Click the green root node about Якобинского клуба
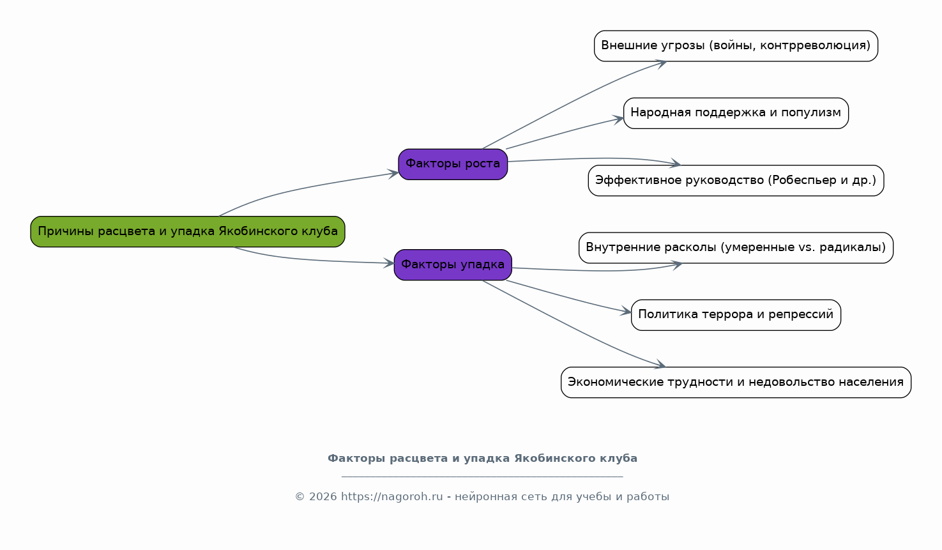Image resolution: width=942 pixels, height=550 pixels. (188, 232)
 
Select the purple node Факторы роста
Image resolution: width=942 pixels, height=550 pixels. (453, 164)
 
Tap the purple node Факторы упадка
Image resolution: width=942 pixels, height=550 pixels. (453, 265)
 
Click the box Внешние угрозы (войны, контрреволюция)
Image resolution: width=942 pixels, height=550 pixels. (736, 46)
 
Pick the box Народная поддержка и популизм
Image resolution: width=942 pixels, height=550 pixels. (736, 113)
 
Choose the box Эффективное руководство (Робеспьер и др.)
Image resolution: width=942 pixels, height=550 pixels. (736, 180)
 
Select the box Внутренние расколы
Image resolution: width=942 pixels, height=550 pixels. (736, 248)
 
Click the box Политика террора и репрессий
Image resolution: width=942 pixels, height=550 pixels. (736, 315)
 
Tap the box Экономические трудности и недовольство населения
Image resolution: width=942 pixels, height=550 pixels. (736, 382)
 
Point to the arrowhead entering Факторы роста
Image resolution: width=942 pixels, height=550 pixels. (393, 173)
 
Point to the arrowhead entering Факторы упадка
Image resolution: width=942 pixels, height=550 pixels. (389, 263)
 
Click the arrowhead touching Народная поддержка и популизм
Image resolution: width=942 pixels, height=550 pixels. (618, 119)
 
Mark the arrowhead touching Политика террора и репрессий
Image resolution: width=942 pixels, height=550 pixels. (626, 312)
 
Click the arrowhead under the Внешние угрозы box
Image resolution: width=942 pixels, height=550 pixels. (661, 64)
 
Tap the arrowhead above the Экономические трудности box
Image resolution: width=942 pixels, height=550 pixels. (660, 365)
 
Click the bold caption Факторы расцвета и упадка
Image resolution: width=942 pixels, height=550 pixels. (482, 459)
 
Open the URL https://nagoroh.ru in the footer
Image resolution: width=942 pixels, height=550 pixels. (391, 496)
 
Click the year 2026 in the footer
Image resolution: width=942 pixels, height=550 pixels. (323, 496)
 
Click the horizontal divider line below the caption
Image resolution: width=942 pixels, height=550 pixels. (482, 477)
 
